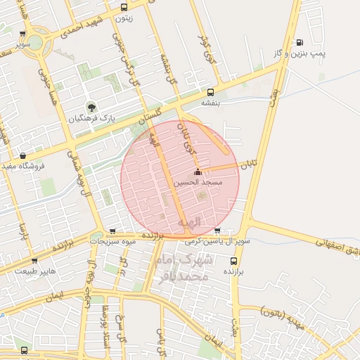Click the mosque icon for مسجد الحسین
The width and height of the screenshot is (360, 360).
coord(198,172)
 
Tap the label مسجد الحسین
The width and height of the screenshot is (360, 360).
coord(202,182)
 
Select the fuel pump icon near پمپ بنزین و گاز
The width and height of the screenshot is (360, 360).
coord(300,42)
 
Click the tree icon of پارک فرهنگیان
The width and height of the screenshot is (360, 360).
coord(91,108)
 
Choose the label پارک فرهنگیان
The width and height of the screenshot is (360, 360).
coord(91,119)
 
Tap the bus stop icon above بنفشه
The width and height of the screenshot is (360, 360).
coord(210,92)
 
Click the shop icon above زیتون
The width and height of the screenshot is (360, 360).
coord(124,8)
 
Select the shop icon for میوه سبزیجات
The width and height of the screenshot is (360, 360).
coord(112,231)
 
